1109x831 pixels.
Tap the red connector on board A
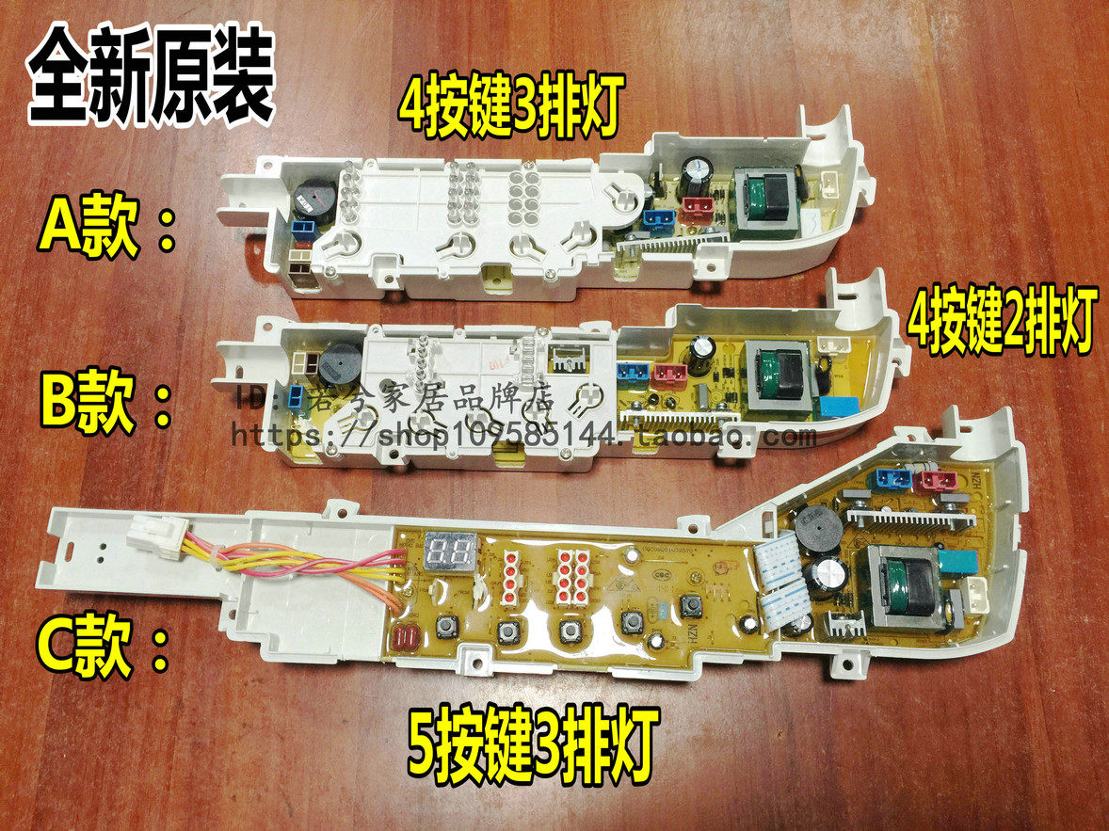click(x=696, y=213)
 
